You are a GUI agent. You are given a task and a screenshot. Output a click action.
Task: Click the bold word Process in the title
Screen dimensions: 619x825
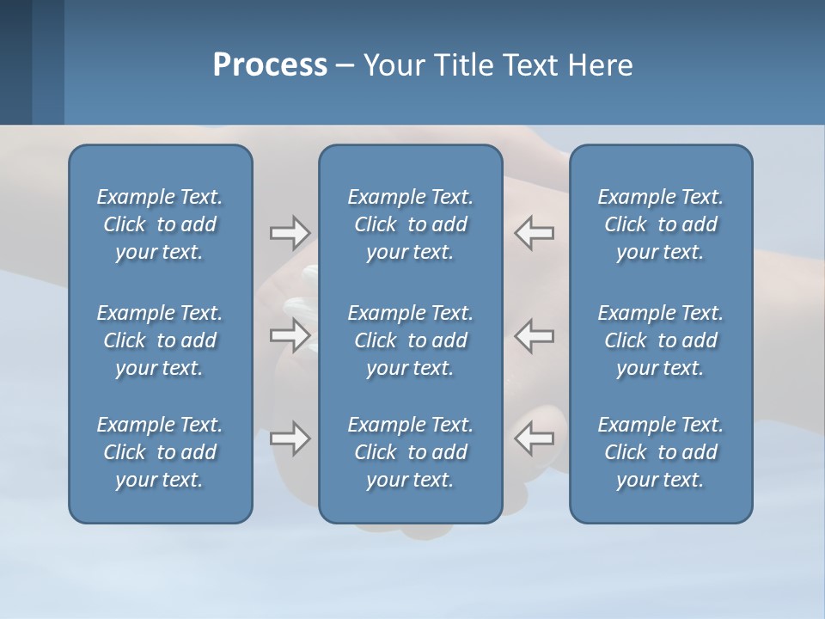tap(270, 65)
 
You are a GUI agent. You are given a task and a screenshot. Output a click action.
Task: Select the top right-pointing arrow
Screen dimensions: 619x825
tap(290, 232)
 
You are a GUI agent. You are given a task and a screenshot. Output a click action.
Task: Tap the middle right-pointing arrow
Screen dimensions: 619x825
tap(290, 335)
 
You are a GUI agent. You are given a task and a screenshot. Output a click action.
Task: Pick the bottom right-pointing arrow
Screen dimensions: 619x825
tap(290, 438)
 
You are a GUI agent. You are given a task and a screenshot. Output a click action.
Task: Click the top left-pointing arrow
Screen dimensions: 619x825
tap(534, 232)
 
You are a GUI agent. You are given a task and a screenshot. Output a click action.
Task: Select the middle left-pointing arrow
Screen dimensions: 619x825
tap(534, 335)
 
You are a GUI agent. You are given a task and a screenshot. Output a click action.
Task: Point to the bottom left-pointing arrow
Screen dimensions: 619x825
tap(534, 438)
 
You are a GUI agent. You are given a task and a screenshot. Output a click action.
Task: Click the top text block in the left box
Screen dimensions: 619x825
tap(160, 224)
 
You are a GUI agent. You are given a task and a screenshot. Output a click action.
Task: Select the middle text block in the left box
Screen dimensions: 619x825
tap(160, 340)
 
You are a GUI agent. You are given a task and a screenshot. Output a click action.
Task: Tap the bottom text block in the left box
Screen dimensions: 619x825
tap(160, 452)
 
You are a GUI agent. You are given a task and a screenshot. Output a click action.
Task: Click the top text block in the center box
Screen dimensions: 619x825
tap(410, 224)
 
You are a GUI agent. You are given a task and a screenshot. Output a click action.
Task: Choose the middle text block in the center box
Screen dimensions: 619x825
tap(410, 340)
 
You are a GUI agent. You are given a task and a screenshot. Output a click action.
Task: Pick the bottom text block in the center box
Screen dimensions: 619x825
tap(410, 452)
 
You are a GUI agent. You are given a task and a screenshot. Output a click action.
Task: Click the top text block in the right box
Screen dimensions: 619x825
tap(660, 224)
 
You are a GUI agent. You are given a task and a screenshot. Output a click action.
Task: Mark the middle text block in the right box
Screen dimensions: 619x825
tap(660, 340)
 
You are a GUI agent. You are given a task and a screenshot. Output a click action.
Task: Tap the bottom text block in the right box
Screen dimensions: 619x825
tap(660, 452)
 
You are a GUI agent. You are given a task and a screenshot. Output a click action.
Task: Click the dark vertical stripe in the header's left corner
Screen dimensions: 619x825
tap(15, 62)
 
